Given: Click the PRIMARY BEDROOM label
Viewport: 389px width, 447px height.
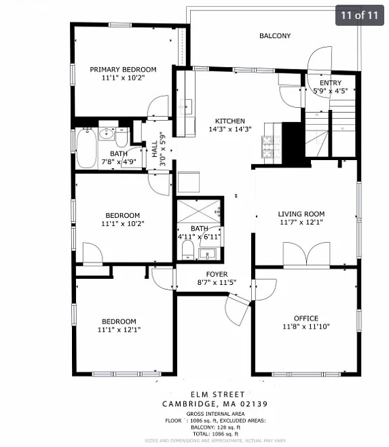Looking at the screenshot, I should tap(123, 69).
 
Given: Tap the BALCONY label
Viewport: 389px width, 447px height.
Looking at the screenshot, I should tap(274, 36).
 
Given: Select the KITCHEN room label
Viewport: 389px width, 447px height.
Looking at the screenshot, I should tap(229, 121).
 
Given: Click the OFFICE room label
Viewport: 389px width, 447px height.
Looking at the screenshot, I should tap(305, 318).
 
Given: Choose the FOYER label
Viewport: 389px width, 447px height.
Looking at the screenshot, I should tap(207, 275).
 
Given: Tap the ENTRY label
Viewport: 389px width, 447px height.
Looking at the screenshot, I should tap(331, 83).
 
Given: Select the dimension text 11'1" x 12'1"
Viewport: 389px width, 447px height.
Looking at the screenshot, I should tap(119, 330).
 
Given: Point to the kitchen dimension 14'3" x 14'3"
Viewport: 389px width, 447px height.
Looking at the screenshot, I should tap(229, 129).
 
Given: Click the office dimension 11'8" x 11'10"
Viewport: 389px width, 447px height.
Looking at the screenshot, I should tap(305, 326).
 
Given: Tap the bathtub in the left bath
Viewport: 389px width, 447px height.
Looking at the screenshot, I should tap(86, 149).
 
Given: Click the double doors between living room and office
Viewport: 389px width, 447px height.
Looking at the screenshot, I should tap(306, 255).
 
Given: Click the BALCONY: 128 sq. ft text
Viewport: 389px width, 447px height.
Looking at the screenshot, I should tap(206, 426).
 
